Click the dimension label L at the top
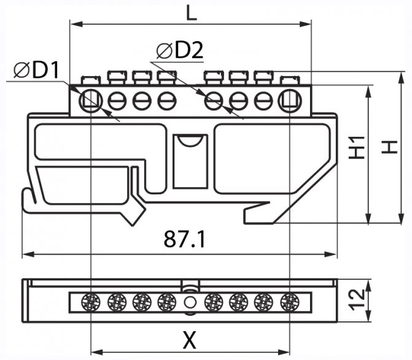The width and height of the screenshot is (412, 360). [192, 13]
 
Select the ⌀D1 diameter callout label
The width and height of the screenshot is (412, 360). [37, 71]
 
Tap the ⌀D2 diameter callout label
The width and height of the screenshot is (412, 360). [179, 51]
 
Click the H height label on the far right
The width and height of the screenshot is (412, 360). [389, 147]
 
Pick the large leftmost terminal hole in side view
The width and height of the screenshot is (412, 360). [91, 100]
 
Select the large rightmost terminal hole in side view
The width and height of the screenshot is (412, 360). [289, 100]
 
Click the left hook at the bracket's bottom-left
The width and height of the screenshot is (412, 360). [28, 201]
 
